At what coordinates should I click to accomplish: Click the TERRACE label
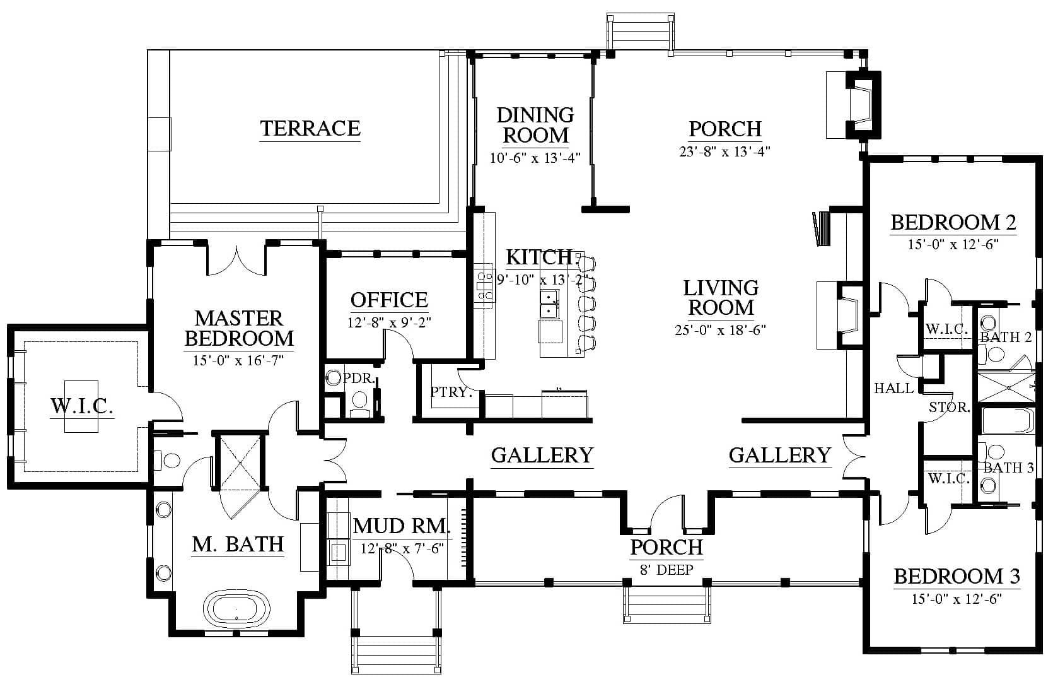(x=310, y=128)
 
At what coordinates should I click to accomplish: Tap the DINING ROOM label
(x=535, y=125)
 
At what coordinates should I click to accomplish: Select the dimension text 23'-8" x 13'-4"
(x=724, y=151)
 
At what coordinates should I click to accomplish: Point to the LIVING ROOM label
(x=721, y=298)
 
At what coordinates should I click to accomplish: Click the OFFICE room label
(x=389, y=300)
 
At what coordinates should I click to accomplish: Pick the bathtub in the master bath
(x=236, y=609)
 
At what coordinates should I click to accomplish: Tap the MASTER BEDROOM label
(x=239, y=328)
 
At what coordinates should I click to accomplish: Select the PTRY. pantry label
(x=451, y=392)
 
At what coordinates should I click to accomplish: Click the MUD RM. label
(x=402, y=526)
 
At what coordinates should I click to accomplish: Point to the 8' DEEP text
(x=666, y=570)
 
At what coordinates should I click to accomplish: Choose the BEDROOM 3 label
(x=957, y=577)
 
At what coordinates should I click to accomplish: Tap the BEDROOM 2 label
(x=953, y=223)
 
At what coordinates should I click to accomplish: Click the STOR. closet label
(x=949, y=408)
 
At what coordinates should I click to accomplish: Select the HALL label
(x=894, y=389)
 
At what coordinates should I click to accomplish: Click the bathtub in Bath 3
(x=1008, y=420)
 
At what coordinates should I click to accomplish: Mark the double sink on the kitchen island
(x=550, y=303)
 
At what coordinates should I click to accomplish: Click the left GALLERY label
(x=542, y=456)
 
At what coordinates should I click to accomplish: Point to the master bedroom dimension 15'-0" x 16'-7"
(x=238, y=361)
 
